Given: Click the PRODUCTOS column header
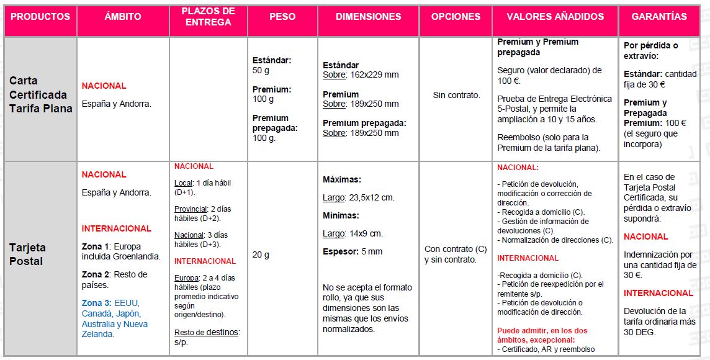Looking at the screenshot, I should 40,17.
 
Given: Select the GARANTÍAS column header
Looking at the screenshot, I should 659,17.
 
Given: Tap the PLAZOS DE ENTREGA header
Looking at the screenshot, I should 209,17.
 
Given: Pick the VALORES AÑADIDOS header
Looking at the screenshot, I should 555,17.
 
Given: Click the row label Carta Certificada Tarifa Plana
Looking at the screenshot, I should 40,94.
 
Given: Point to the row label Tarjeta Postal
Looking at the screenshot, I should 27,254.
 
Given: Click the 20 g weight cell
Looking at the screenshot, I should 261,254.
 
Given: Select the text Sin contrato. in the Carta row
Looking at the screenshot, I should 456,95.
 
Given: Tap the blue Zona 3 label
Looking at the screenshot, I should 96,303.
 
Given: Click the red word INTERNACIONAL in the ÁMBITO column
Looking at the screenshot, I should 117,228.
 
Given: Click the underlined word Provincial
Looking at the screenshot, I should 189,209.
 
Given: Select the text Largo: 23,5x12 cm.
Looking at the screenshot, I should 358,197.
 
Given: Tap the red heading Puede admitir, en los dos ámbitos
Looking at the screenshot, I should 542,335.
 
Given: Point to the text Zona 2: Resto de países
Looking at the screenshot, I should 114,279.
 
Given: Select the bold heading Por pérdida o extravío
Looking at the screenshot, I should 650,50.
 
